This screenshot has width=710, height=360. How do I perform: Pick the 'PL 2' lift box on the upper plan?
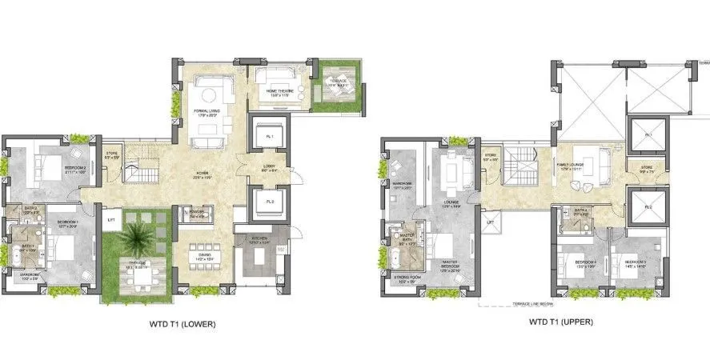click(648, 207)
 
